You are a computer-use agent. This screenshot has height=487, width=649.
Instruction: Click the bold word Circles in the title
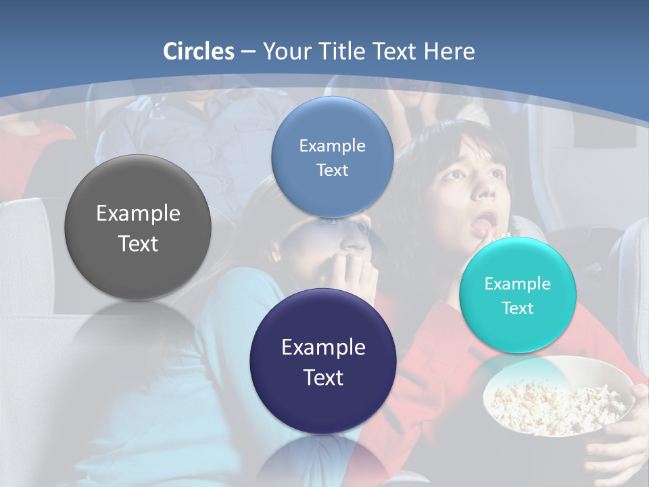click(198, 51)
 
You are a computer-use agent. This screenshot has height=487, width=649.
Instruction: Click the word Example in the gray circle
click(138, 214)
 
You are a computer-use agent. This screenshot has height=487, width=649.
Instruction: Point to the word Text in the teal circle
click(518, 308)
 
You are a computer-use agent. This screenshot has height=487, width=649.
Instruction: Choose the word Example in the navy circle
click(323, 348)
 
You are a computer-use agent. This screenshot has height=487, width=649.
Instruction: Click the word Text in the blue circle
click(332, 170)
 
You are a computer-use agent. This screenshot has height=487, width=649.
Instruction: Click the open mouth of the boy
click(484, 223)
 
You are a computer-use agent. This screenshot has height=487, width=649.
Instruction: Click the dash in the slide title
click(247, 52)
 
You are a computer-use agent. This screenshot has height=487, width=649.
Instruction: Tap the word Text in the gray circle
click(138, 243)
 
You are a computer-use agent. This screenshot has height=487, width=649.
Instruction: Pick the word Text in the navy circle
click(323, 377)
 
